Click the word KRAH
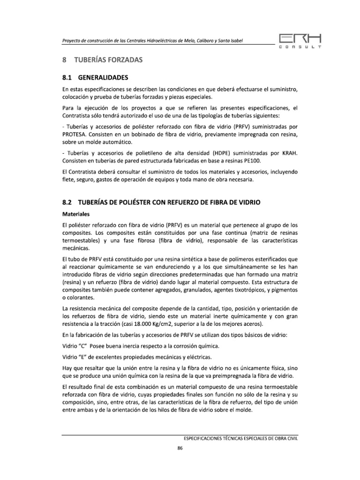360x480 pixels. pyautogui.click(x=290, y=153)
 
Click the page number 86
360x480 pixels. pyautogui.click(x=180, y=448)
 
